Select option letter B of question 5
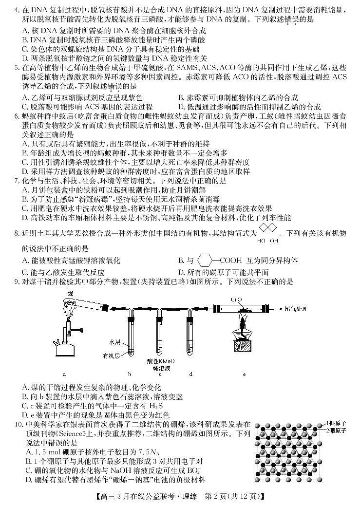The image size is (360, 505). click(x=181, y=97)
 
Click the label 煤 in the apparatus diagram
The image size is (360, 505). click(x=72, y=293)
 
